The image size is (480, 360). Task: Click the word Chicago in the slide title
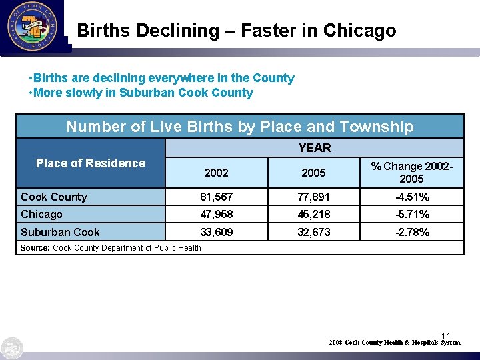pyautogui.click(x=359, y=31)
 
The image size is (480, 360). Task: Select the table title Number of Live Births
pyautogui.click(x=239, y=127)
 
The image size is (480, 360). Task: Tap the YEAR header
pyautogui.click(x=314, y=147)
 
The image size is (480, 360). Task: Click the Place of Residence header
pyautogui.click(x=91, y=163)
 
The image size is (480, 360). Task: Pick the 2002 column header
pyautogui.click(x=216, y=173)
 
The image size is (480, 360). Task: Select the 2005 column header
pyautogui.click(x=313, y=173)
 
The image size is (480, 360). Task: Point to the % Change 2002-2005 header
pyautogui.click(x=411, y=172)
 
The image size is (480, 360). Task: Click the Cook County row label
pyautogui.click(x=54, y=197)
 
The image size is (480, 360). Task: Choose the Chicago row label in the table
pyautogui.click(x=41, y=214)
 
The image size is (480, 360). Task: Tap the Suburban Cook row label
pyautogui.click(x=60, y=232)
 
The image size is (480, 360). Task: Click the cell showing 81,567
pyautogui.click(x=216, y=197)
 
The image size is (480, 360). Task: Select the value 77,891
pyautogui.click(x=313, y=197)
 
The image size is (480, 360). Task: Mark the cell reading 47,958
pyautogui.click(x=216, y=214)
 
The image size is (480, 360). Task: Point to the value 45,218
pyautogui.click(x=313, y=214)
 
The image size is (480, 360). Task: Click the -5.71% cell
pyautogui.click(x=411, y=214)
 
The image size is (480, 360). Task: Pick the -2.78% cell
pyautogui.click(x=411, y=232)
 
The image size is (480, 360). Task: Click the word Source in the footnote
pyautogui.click(x=35, y=248)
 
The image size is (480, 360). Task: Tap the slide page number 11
pyautogui.click(x=446, y=335)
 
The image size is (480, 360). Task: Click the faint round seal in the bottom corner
pyautogui.click(x=12, y=348)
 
